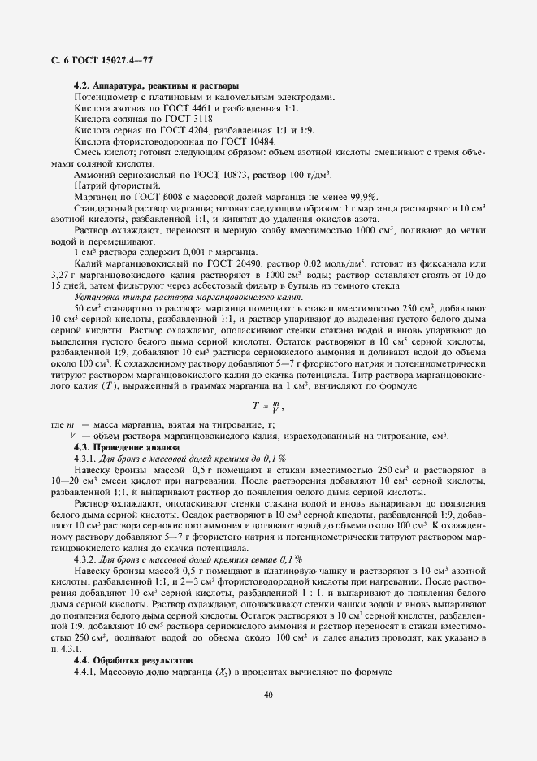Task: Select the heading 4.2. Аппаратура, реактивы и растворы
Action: point(155,85)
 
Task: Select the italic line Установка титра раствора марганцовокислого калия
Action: point(176,298)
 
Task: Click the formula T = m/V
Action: point(267,406)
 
